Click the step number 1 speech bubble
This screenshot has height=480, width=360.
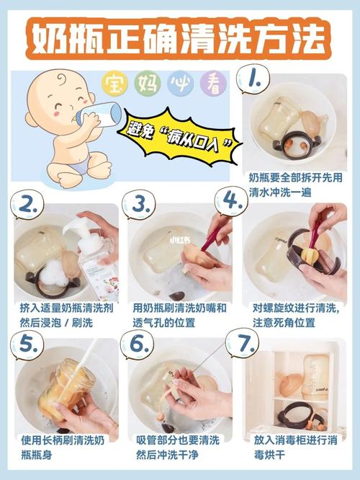pos(253,79)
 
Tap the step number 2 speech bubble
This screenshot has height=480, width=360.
pos(27,205)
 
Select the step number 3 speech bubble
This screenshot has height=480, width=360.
pos(139,205)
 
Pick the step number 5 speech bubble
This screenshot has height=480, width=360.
pos(27,345)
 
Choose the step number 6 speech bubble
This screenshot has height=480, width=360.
pos(138,345)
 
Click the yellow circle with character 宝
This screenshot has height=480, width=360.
pos(114,83)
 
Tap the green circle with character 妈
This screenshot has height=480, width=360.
pos(148,83)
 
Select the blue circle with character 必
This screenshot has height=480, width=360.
pos(181,83)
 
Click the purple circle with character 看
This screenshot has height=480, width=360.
pos(214,83)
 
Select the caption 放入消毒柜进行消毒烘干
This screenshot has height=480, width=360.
pos(295,448)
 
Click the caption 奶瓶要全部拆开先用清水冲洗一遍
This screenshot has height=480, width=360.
pos(295,185)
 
